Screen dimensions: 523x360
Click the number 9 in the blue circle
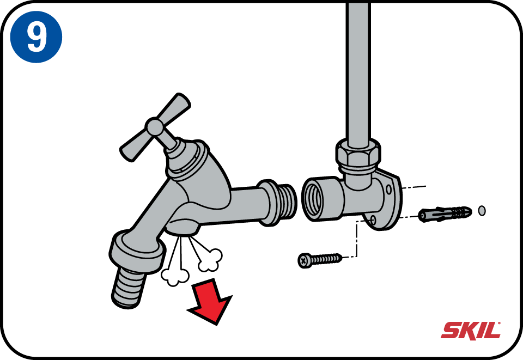click(37, 38)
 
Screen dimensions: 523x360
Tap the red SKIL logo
click(471, 331)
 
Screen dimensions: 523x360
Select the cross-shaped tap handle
click(155, 127)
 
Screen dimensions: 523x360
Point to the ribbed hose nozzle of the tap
click(129, 288)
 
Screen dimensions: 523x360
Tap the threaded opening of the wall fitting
click(314, 199)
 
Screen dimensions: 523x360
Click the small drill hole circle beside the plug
click(482, 211)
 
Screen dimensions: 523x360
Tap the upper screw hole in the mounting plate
click(389, 190)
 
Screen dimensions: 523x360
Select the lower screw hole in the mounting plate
click(373, 219)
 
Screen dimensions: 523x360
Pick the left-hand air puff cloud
click(175, 276)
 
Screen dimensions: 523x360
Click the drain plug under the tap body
click(182, 227)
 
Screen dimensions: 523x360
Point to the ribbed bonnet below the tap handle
click(185, 160)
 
